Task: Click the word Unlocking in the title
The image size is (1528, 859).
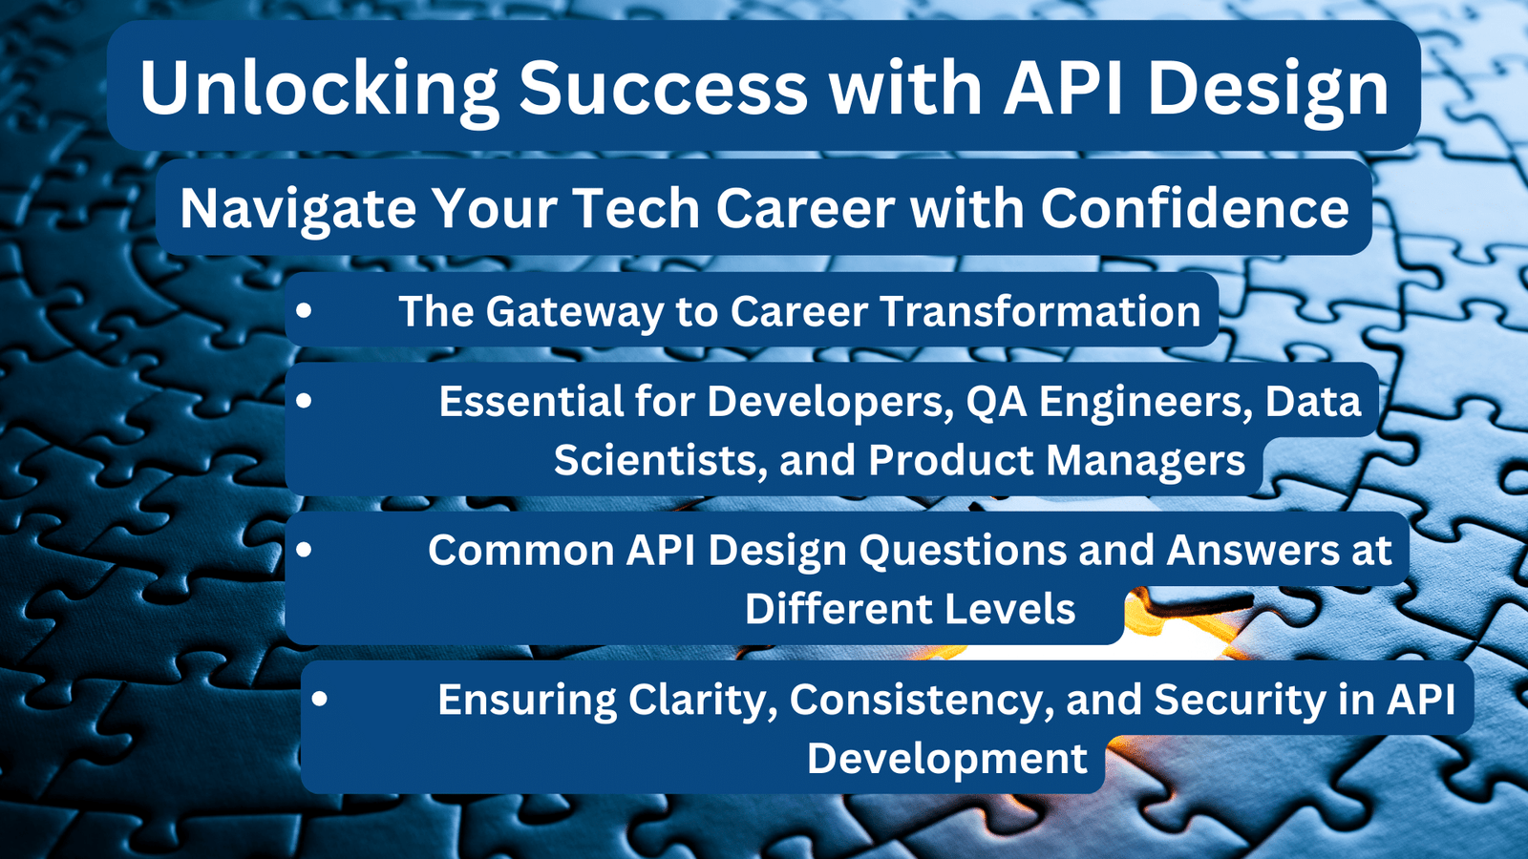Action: coord(319,89)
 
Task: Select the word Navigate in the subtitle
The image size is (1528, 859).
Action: coord(298,209)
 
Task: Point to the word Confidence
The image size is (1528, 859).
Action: coord(1195,207)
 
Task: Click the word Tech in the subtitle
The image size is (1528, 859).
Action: coord(638,207)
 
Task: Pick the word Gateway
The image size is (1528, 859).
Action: coord(575,312)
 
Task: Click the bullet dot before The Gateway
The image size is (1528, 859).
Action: coord(305,311)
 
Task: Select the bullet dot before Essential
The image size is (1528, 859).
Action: coord(305,400)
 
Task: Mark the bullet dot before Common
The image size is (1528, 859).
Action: coord(305,549)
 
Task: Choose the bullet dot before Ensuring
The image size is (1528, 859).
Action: coord(319,698)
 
